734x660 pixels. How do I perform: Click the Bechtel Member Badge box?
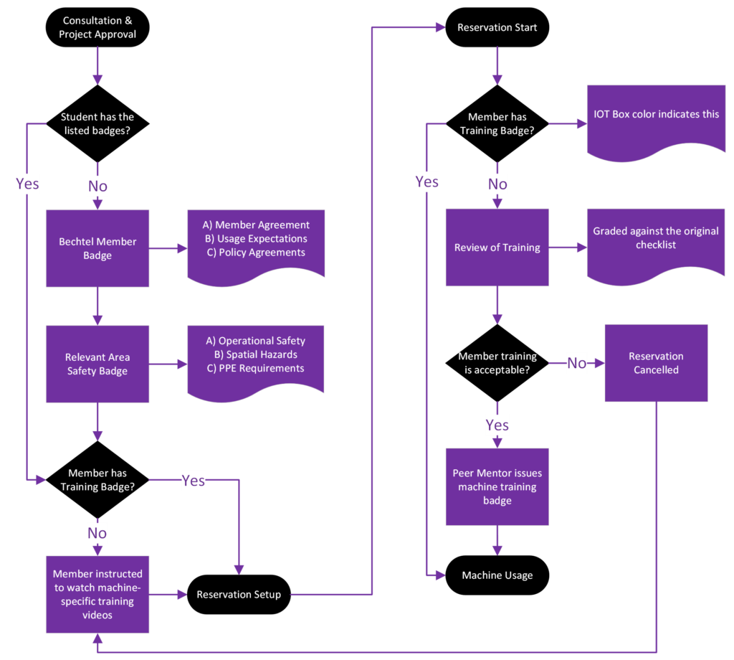pos(97,248)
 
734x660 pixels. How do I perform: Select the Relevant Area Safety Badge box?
pos(97,364)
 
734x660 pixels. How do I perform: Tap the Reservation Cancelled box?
pos(656,363)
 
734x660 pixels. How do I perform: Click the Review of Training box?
pos(497,247)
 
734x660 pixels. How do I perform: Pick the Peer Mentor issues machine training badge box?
pos(497,486)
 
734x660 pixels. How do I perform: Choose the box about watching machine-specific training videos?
pos(97,594)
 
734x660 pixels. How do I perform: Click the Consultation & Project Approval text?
pos(97,27)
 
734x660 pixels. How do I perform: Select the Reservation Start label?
pos(497,27)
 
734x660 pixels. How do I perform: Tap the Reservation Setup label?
pos(239,594)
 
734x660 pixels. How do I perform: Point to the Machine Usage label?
pos(497,575)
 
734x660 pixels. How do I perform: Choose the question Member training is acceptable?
pos(497,363)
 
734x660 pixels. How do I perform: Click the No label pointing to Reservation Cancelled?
pos(576,363)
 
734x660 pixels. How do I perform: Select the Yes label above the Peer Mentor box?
pos(497,425)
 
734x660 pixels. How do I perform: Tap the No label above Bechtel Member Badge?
pos(97,187)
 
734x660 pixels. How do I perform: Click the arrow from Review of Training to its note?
pos(568,247)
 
